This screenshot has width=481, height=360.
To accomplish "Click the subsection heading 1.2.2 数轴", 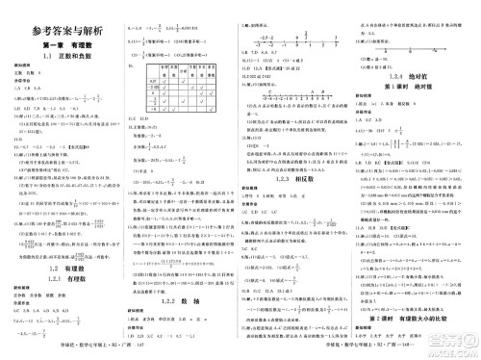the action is tap(180, 273).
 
